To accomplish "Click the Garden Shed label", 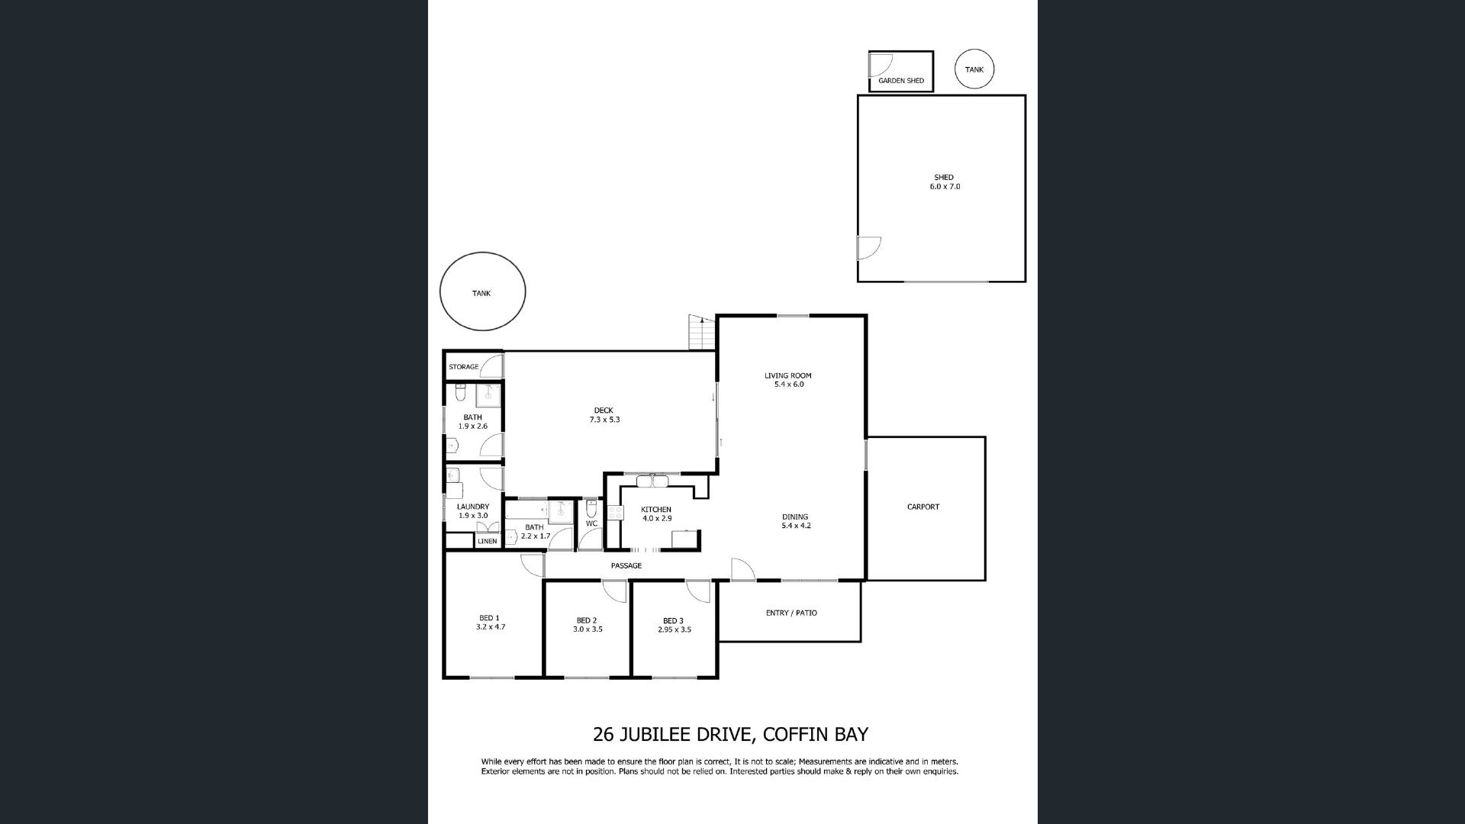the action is pos(901,81).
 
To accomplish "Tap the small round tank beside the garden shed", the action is pos(974,69).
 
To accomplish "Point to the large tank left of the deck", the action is pos(482,292).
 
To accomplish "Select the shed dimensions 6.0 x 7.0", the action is pos(945,186).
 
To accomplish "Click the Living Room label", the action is pos(788,375).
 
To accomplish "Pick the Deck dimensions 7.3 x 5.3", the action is pos(604,420).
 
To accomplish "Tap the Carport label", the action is pos(923,507).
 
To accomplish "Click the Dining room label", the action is pos(794,517).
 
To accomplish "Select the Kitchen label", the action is pos(656,510).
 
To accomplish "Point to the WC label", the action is pos(591,523).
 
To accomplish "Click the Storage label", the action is pos(464,367).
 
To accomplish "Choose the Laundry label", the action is pos(473,507).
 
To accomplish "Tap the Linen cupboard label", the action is pos(487,541).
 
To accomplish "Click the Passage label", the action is pos(626,565).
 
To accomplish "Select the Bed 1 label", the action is pos(489,618).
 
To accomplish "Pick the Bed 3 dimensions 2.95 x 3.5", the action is pos(675,629).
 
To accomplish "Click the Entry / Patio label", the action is pos(791,613).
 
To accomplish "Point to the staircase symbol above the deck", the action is pos(702,333).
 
